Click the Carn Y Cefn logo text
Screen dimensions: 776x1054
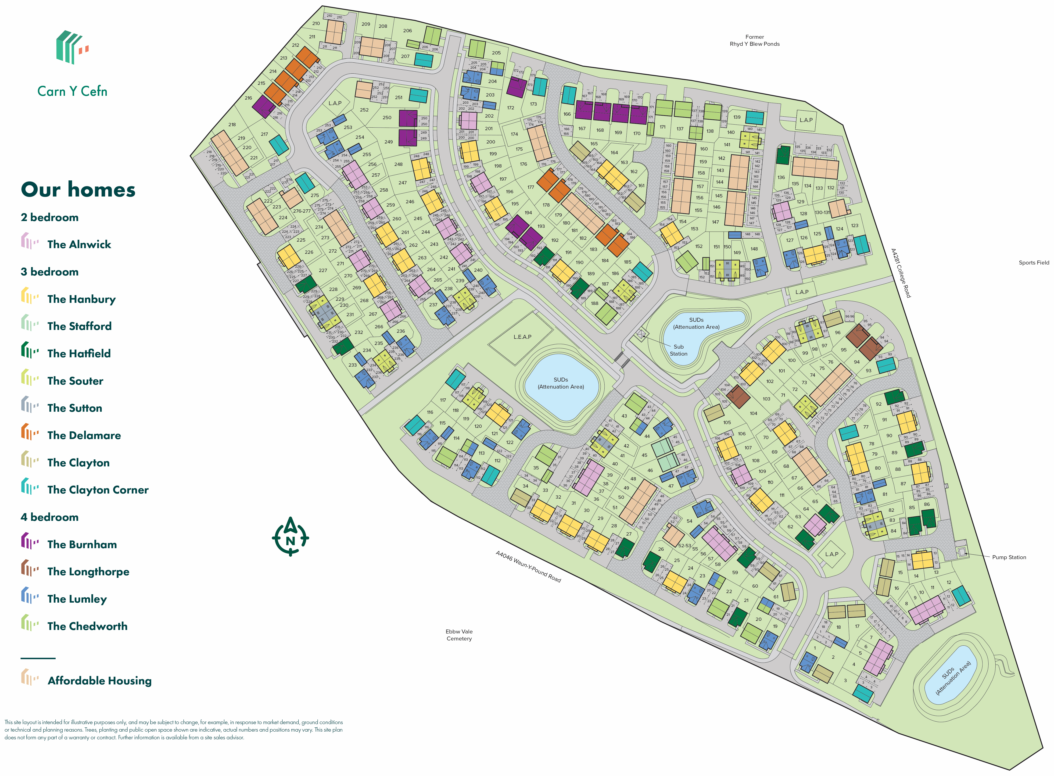pyautogui.click(x=72, y=91)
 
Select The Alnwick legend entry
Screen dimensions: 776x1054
pyautogui.click(x=79, y=244)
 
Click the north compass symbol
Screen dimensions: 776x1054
pyautogui.click(x=290, y=537)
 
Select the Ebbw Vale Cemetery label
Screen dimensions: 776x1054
pyautogui.click(x=459, y=635)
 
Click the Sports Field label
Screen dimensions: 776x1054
pyautogui.click(x=1033, y=263)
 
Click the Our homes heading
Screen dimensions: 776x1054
pyautogui.click(x=78, y=190)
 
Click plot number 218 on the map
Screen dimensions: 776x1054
pyautogui.click(x=232, y=125)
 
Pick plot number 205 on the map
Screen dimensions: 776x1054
pyautogui.click(x=496, y=53)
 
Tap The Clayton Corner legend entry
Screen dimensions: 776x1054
pyautogui.click(x=98, y=490)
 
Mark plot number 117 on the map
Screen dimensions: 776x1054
pyautogui.click(x=443, y=400)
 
